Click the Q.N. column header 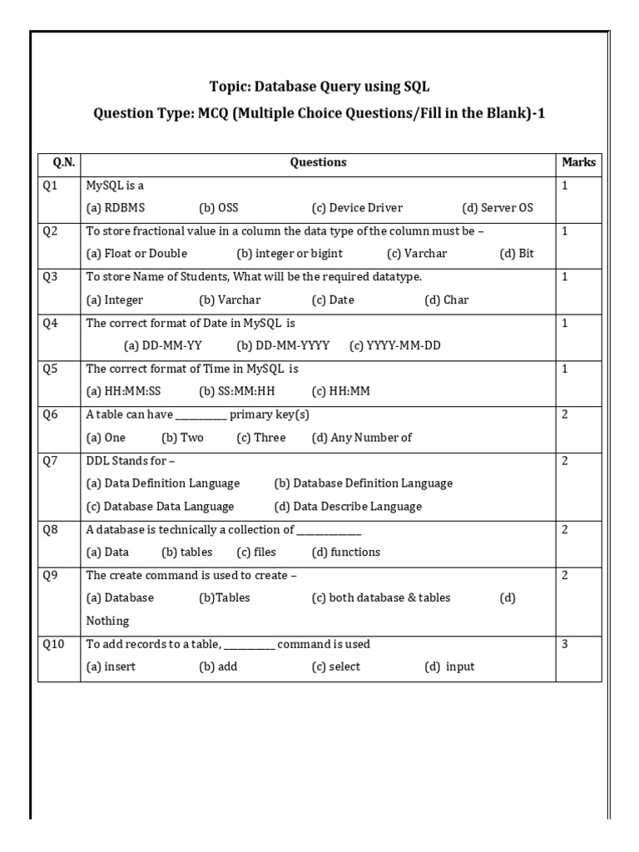(x=58, y=162)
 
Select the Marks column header (x=578, y=162)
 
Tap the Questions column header (x=318, y=162)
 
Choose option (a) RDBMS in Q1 (x=115, y=208)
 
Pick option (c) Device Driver (x=357, y=208)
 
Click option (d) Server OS (x=498, y=208)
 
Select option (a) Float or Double (x=136, y=254)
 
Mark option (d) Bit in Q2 (x=517, y=254)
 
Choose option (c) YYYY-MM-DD (x=395, y=345)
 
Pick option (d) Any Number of (x=362, y=438)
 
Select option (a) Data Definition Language (x=163, y=483)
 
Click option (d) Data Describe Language (x=348, y=507)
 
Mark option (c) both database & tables (x=381, y=598)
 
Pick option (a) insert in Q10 (x=111, y=667)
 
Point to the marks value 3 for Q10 (x=565, y=644)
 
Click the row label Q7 (x=51, y=460)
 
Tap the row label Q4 (x=51, y=323)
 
